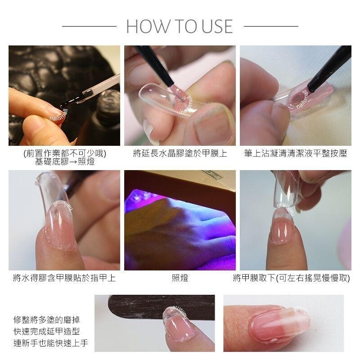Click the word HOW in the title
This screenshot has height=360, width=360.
coord(144,27)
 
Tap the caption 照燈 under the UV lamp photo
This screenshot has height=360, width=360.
coord(180,278)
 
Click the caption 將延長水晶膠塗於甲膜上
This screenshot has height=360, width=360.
coord(180,153)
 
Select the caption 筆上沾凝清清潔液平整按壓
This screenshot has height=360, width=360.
coord(296,153)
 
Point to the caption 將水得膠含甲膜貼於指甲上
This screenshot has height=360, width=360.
coord(64,278)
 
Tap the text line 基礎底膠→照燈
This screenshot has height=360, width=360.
coord(64,162)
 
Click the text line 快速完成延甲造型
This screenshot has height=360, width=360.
coord(47,332)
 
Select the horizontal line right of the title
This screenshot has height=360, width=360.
coord(271,27)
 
